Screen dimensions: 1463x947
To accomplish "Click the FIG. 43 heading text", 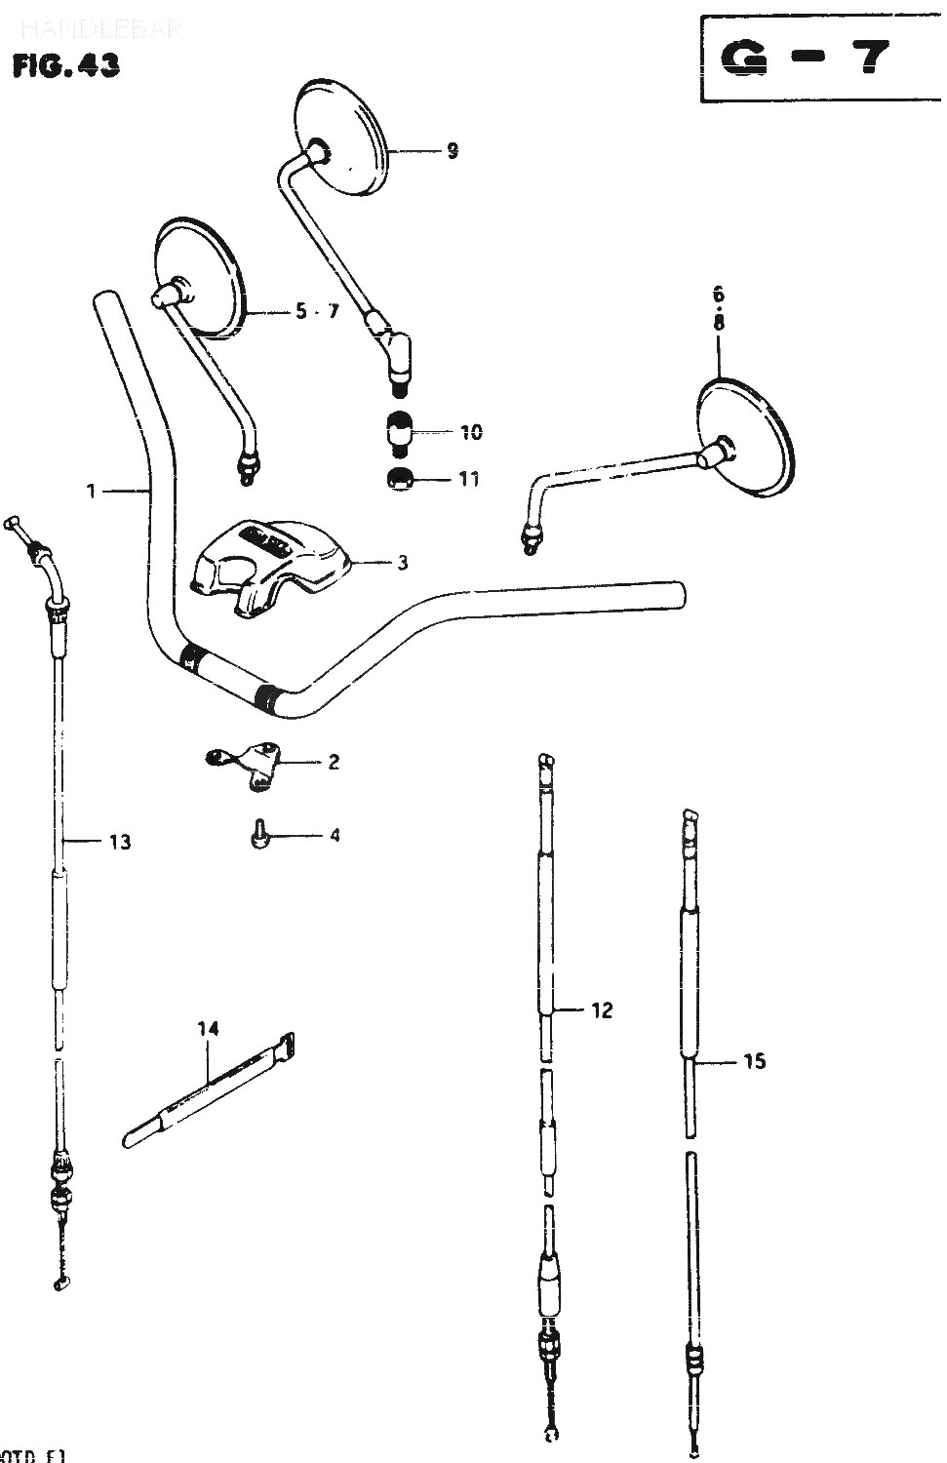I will [66, 65].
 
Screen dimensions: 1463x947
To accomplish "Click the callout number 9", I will [452, 151].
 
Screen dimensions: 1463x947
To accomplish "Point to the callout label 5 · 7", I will [317, 312].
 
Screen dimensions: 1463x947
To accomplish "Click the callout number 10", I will [471, 432].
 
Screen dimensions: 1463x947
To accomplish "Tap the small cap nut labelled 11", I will [398, 479].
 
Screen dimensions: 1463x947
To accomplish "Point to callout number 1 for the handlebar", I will [92, 492].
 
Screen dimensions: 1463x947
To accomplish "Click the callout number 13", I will [119, 841].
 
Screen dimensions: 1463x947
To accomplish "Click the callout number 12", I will [602, 1010].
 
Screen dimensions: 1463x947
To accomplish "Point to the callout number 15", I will [754, 1061].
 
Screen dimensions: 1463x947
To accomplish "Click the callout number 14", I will [208, 1028].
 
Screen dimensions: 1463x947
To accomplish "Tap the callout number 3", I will [402, 563].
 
